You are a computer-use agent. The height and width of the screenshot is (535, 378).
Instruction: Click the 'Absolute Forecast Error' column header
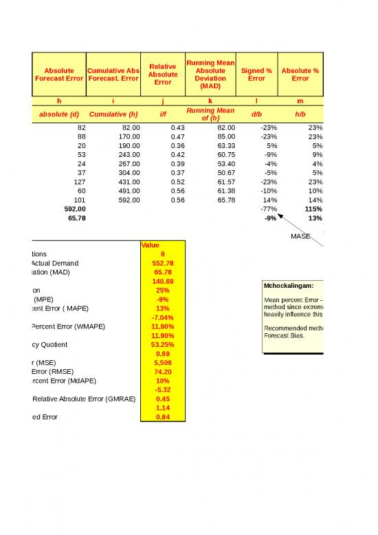(59, 74)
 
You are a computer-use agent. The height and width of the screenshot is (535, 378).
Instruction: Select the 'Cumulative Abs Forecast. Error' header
(114, 74)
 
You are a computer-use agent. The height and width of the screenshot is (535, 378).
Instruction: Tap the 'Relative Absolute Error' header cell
(163, 74)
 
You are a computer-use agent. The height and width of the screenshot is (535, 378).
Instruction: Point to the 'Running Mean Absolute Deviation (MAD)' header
(210, 74)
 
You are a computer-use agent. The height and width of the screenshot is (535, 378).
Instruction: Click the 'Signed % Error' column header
(256, 74)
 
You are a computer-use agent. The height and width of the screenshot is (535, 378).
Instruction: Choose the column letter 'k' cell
(210, 101)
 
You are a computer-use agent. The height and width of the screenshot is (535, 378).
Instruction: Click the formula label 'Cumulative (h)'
(114, 114)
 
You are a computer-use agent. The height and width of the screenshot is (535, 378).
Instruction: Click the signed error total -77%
(266, 209)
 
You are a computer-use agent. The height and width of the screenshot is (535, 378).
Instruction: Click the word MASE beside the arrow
(300, 236)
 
